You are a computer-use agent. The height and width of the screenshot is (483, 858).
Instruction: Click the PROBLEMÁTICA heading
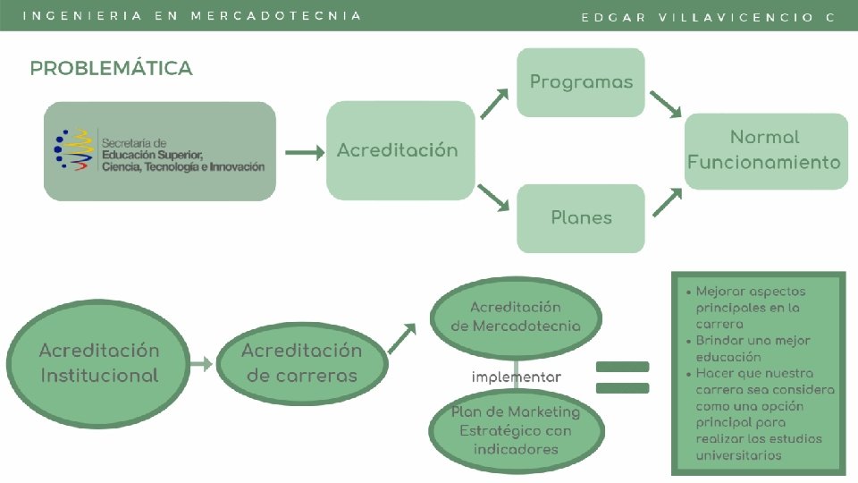[111, 69]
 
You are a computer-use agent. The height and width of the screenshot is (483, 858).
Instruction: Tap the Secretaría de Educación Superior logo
[160, 151]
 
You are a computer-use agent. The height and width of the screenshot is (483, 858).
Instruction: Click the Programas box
[581, 82]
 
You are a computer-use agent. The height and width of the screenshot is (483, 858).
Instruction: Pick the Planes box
[581, 217]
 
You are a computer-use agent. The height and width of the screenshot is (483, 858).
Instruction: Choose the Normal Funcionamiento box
[766, 150]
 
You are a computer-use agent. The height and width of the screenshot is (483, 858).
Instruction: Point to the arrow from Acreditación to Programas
[495, 103]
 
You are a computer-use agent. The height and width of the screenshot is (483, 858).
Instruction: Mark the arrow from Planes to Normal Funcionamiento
[665, 201]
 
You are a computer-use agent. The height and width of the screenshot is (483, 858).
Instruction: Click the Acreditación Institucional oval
[98, 362]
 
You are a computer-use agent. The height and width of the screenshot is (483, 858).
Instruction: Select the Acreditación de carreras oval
[301, 362]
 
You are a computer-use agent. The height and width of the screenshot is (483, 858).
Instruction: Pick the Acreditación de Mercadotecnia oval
[516, 317]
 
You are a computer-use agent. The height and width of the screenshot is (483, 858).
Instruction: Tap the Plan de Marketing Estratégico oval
[516, 430]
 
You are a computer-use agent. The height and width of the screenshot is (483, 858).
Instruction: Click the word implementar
[516, 377]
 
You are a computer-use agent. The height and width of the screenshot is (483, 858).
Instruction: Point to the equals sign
[621, 377]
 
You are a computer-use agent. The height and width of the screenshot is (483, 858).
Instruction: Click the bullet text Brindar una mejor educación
[753, 349]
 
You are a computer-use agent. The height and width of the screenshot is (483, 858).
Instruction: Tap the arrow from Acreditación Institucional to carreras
[202, 363]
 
